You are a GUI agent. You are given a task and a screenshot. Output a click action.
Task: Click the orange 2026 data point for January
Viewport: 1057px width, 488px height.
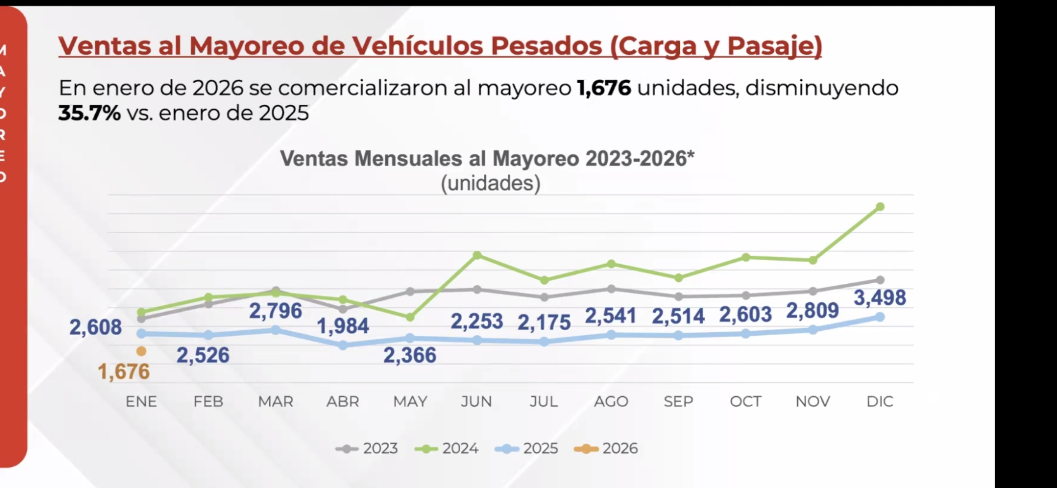[x=141, y=351]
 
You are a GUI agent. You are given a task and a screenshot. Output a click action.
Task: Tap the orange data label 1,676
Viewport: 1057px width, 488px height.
[x=124, y=372]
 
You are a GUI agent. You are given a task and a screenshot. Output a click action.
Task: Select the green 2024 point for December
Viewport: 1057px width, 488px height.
[x=880, y=207]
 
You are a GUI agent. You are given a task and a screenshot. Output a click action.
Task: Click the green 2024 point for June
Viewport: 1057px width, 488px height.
[x=477, y=255]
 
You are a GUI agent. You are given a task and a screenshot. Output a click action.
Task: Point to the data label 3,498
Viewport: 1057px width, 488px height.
[x=879, y=298]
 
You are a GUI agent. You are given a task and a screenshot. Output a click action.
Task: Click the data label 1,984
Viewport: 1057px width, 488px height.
[x=343, y=326]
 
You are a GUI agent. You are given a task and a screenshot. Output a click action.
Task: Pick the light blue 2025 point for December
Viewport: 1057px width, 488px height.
[x=880, y=317]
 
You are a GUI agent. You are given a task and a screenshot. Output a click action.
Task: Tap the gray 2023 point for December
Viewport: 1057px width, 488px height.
[x=880, y=280]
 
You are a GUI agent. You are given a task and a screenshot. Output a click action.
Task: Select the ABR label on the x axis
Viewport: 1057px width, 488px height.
[x=343, y=402]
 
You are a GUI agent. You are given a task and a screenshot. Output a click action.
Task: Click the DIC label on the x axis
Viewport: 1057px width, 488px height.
[x=880, y=402]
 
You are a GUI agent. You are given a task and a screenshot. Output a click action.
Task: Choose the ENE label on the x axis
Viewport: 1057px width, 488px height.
[x=141, y=402]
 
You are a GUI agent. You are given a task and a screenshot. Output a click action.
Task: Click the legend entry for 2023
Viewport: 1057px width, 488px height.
[x=367, y=449]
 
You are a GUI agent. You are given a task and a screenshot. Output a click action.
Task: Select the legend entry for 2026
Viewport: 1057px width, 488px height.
[x=606, y=449]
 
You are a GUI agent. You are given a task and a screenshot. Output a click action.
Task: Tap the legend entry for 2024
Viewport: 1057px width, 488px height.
[x=446, y=449]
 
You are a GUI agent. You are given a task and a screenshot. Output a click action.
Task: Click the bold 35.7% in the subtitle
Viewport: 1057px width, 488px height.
[x=89, y=113]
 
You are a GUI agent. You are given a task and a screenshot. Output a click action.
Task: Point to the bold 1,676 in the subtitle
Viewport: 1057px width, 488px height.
[x=604, y=88]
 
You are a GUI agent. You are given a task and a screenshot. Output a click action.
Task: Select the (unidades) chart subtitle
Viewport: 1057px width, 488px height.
[x=491, y=183]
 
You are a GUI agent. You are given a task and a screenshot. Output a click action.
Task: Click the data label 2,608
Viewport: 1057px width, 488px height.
[x=95, y=327]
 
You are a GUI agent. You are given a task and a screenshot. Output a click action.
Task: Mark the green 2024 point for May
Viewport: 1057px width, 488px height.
[x=410, y=318]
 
